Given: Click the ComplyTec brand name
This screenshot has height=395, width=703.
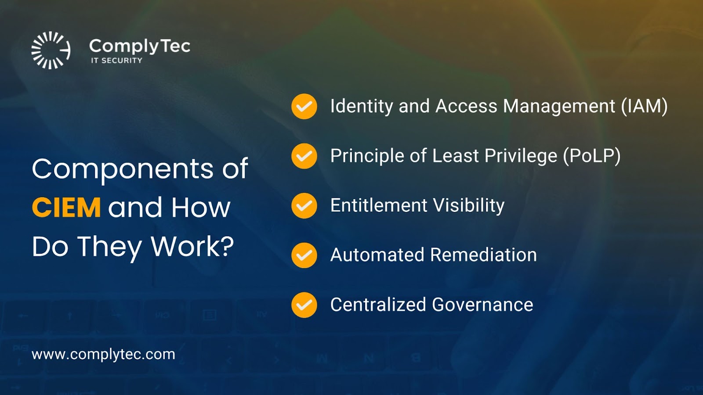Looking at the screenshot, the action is click(140, 47).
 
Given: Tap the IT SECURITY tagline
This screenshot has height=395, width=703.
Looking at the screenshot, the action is click(117, 61).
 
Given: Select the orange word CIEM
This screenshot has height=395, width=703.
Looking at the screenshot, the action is click(66, 207).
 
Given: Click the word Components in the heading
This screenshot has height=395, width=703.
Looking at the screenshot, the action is click(123, 169).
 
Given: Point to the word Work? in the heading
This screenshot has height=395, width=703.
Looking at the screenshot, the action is click(192, 246).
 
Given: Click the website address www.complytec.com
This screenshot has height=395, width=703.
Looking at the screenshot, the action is click(103, 355).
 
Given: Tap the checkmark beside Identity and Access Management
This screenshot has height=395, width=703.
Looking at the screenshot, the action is click(304, 107).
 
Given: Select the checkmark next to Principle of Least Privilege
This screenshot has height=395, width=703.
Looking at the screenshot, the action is click(304, 156).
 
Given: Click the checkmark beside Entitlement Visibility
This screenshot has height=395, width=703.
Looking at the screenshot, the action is click(304, 206).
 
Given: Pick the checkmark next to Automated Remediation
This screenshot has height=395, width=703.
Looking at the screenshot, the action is click(304, 255).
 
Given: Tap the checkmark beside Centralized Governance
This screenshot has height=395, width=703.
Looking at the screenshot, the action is click(304, 305).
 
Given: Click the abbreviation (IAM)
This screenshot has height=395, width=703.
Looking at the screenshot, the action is click(644, 106).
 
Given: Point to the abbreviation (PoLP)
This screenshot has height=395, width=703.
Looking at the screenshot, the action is click(592, 156).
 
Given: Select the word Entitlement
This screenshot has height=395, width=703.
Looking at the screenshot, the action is click(379, 205).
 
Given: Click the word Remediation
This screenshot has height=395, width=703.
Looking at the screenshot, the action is click(484, 255).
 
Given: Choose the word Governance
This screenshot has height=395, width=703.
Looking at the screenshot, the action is click(483, 305).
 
